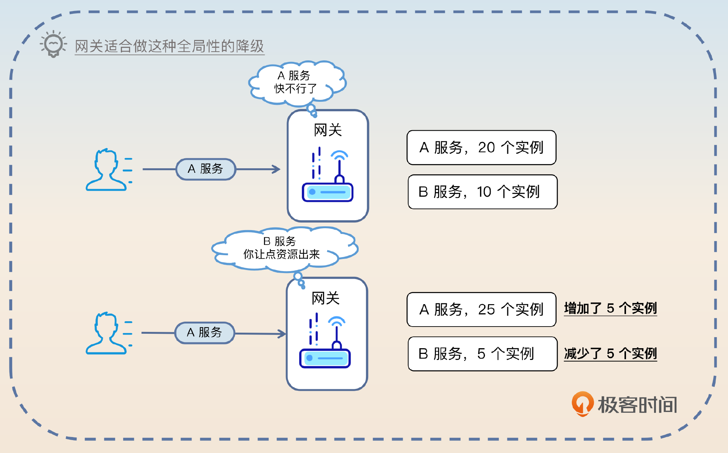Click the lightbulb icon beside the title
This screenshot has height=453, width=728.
[x=53, y=44]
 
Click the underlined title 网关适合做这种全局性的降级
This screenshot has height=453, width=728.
[x=169, y=46]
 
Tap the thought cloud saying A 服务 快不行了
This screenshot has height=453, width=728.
[x=296, y=82]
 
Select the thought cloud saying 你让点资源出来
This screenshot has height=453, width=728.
[x=282, y=248]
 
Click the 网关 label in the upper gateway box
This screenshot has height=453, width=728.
[x=328, y=130]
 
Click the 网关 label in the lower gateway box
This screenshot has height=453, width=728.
[x=325, y=298]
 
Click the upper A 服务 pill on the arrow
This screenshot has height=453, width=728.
[x=206, y=169]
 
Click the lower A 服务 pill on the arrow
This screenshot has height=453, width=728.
[x=204, y=333]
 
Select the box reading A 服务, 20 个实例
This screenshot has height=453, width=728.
[x=481, y=148]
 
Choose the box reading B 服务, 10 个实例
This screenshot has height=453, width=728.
[x=482, y=192]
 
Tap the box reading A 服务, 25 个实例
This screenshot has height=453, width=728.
[x=481, y=309]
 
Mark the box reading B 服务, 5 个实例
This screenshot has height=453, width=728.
[x=482, y=354]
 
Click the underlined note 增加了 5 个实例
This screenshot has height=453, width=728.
[x=610, y=308]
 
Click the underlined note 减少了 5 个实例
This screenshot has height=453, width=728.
[x=610, y=354]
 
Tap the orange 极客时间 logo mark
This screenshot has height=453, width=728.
[x=582, y=404]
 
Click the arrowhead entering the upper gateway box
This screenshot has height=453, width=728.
[x=277, y=169]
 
